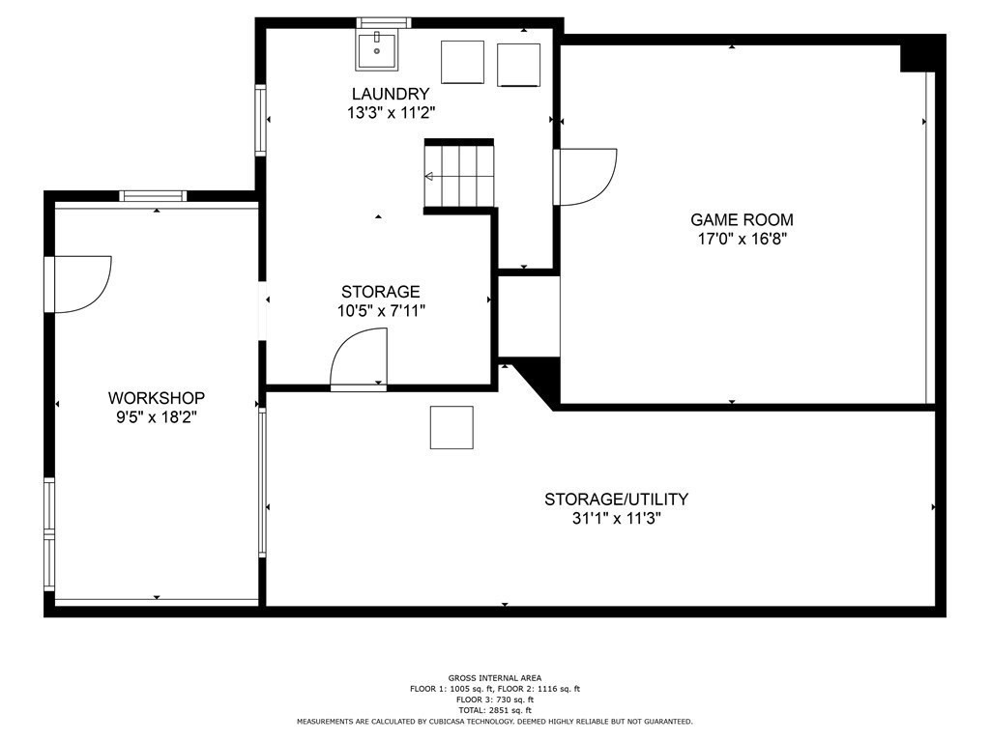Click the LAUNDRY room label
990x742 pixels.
click(x=391, y=94)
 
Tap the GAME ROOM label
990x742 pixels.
click(x=741, y=219)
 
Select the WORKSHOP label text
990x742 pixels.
click(x=156, y=398)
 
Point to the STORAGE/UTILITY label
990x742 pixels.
click(x=616, y=499)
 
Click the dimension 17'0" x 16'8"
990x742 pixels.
click(x=741, y=239)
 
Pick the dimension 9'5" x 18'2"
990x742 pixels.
click(x=156, y=417)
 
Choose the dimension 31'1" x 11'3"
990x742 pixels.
click(x=616, y=519)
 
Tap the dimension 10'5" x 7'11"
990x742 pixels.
click(x=380, y=310)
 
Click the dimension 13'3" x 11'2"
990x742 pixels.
click(x=391, y=112)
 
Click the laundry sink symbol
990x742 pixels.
click(x=376, y=49)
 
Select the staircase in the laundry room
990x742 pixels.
click(x=459, y=176)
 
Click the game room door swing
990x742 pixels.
click(x=586, y=177)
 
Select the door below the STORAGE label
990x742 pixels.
click(x=359, y=358)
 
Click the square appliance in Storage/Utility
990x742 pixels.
click(x=451, y=427)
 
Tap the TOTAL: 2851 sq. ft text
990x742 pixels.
click(x=495, y=710)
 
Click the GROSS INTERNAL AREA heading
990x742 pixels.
click(x=495, y=678)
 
